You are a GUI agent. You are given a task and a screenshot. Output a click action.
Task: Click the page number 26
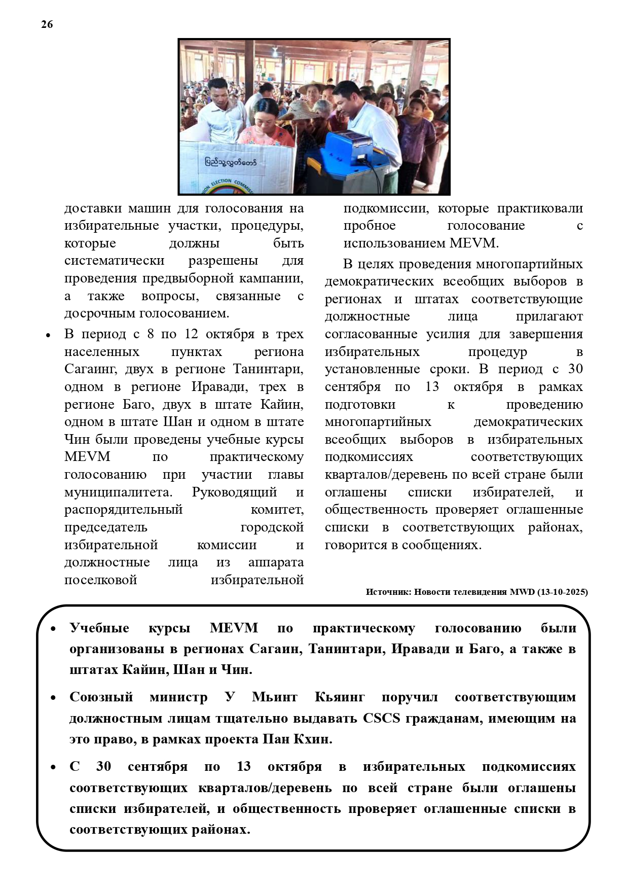47,24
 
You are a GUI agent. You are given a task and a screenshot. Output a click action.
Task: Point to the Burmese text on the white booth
231,162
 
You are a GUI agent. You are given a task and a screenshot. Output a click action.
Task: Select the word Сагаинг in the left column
88,369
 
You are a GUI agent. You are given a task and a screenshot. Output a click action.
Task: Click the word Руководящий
234,492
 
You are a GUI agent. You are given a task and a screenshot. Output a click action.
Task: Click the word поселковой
100,580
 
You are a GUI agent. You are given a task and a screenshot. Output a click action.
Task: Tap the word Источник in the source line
388,592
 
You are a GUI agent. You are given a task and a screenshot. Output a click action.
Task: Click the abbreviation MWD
522,592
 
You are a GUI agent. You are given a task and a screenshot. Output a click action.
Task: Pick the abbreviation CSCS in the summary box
381,718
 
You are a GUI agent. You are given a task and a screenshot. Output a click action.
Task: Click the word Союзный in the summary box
101,697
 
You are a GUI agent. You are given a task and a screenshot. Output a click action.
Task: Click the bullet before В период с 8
48,335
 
